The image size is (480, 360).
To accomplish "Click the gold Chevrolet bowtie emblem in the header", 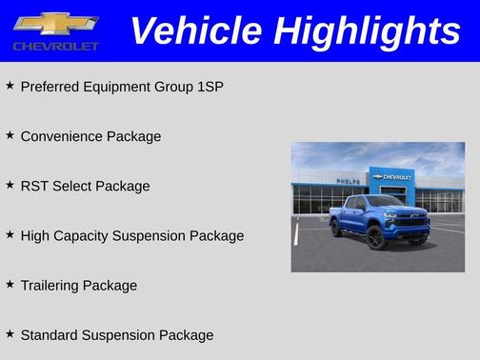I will [x=55, y=23].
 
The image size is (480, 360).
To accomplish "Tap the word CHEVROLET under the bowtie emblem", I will [x=55, y=46].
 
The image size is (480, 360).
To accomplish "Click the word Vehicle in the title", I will [x=193, y=31].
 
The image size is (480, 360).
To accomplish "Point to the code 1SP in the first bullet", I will [x=209, y=87].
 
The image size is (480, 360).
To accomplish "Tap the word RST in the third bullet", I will [x=34, y=186].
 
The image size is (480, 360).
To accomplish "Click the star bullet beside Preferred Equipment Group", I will [x=10, y=86].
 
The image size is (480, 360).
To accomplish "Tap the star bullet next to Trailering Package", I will [x=10, y=284].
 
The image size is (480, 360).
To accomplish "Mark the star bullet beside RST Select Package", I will [x=10, y=185].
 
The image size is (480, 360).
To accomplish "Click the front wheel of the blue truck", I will [x=376, y=238].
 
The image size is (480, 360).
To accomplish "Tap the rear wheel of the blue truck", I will [x=336, y=228].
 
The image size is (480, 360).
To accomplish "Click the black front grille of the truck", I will [x=410, y=222].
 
